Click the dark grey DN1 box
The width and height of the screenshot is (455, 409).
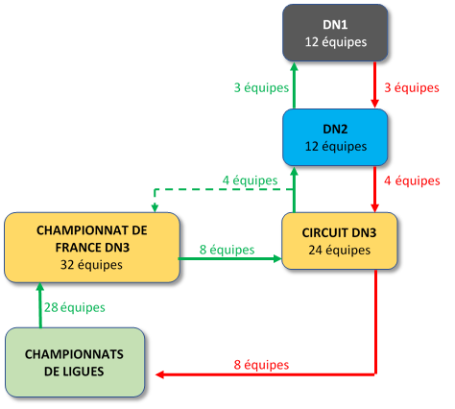coord(335,33)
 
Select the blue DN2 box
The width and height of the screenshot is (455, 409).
coord(335,137)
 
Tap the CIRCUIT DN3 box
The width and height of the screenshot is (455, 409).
coord(340,241)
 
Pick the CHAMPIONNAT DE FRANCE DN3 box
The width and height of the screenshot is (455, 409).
coord(92,248)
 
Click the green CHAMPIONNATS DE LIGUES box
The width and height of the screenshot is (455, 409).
coord(75,362)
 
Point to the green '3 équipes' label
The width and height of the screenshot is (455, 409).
coord(261,87)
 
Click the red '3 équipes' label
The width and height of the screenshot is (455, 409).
coord(412,87)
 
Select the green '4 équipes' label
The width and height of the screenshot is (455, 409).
coord(250,180)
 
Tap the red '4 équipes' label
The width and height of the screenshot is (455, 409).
coord(412,180)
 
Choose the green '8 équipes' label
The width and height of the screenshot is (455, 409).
coord(227,250)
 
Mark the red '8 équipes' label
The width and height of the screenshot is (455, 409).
coord(261,365)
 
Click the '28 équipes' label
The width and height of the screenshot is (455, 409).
coord(75,307)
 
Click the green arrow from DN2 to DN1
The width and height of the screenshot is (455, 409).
coord(295,85)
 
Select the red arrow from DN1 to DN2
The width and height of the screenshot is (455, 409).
coord(375,84)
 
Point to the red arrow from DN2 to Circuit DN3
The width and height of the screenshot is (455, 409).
coord(375,189)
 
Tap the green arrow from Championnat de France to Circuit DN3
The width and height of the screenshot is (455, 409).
coord(230,258)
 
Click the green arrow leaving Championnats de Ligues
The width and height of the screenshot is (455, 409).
coord(40,305)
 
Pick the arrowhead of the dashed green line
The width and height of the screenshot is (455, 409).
coord(155,208)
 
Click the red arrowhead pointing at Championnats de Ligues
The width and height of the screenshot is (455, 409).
coord(159,374)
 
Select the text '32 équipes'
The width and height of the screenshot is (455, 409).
coord(91,265)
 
